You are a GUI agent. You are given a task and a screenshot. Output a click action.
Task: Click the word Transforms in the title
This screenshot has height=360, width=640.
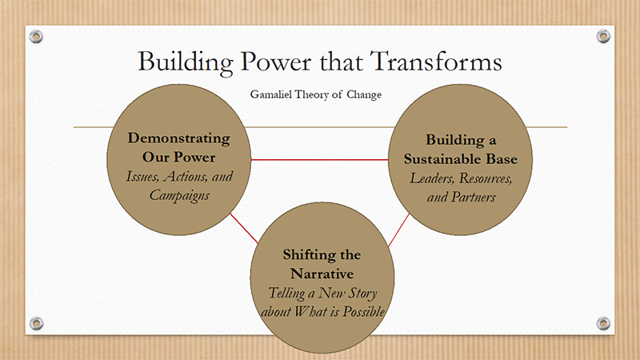pyautogui.click(x=436, y=62)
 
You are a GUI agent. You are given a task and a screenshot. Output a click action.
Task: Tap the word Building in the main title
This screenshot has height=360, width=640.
pyautogui.click(x=186, y=63)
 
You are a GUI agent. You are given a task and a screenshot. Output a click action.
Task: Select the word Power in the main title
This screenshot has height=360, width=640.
pyautogui.click(x=276, y=62)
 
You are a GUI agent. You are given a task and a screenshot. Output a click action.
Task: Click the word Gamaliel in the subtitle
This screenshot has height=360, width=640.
pyautogui.click(x=271, y=94)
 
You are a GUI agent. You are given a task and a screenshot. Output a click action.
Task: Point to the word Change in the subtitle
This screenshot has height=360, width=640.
pyautogui.click(x=364, y=95)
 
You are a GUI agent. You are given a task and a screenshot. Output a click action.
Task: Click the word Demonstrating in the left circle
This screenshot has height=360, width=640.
pyautogui.click(x=178, y=138)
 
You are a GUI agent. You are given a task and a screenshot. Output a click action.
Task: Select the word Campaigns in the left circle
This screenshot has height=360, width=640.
pyautogui.click(x=179, y=195)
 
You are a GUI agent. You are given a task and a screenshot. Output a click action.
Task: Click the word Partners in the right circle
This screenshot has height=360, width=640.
pyautogui.click(x=473, y=197)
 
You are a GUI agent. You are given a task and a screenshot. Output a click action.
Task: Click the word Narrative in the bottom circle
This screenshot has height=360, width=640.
pyautogui.click(x=322, y=274)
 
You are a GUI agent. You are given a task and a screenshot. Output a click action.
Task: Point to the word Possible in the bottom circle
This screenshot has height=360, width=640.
pyautogui.click(x=364, y=312)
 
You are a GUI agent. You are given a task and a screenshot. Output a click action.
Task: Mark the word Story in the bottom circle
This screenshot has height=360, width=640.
pyautogui.click(x=362, y=294)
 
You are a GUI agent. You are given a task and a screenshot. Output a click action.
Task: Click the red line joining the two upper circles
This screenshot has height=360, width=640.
pyautogui.click(x=319, y=159)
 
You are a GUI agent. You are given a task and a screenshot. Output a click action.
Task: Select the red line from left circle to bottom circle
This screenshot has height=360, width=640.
pyautogui.click(x=244, y=228)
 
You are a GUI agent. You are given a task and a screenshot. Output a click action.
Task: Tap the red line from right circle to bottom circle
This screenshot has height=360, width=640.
pyautogui.click(x=398, y=230)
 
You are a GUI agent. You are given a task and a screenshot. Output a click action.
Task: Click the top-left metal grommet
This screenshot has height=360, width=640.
pyautogui.click(x=36, y=36)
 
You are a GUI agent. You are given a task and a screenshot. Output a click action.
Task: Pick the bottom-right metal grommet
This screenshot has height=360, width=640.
pyautogui.click(x=603, y=323)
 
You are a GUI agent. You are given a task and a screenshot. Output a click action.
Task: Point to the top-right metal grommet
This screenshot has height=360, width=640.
pyautogui.click(x=603, y=36)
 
